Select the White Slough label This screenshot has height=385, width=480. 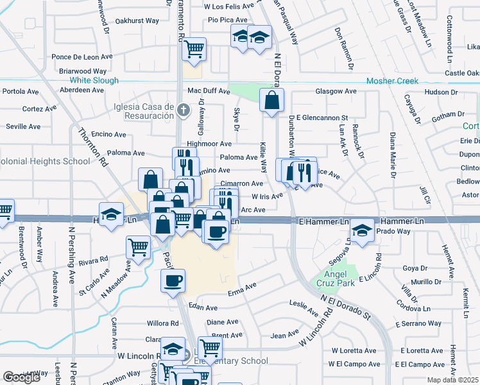point(94,81)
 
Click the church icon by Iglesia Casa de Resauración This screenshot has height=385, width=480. point(183,109)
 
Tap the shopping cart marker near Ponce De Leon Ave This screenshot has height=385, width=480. point(194,47)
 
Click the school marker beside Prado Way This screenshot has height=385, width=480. point(363,231)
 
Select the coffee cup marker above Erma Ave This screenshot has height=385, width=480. point(174,280)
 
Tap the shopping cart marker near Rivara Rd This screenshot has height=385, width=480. point(138,246)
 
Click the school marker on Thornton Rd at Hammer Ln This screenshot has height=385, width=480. point(111,213)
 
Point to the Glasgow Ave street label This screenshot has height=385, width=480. point(336,92)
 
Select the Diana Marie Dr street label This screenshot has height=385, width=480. point(392,154)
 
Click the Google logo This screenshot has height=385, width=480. point(22,377)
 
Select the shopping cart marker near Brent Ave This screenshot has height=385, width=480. point(209,348)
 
